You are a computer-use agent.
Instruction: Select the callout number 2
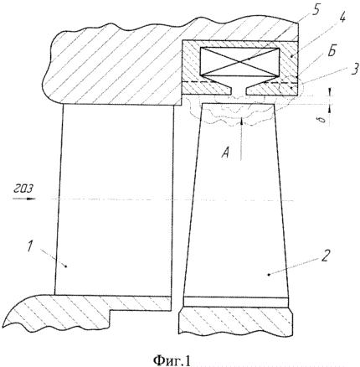326,256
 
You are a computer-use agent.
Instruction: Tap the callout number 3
354,70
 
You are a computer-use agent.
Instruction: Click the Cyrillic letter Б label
332,53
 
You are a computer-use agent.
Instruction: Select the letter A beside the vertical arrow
225,153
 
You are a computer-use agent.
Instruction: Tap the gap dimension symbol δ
323,120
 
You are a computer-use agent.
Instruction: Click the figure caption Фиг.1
172,360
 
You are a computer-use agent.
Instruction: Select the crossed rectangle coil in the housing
240,62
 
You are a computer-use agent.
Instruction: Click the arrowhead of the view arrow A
242,121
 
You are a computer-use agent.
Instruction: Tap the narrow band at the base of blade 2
235,302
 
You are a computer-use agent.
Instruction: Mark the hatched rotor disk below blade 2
236,322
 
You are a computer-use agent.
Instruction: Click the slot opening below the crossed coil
239,90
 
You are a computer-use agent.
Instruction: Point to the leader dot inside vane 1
66,266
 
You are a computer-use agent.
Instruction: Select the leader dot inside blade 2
269,274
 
